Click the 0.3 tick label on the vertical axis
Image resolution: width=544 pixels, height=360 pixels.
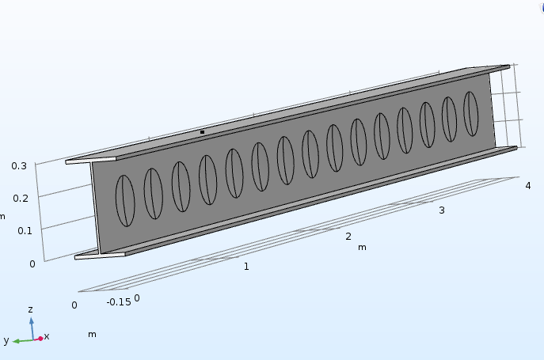[x=19, y=166]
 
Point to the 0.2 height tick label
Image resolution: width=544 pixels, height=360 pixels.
[x=21, y=199]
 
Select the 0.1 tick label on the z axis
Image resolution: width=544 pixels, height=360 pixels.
[x=25, y=230]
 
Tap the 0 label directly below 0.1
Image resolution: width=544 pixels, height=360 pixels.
[x=32, y=264]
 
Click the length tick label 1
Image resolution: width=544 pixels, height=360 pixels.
[x=246, y=267]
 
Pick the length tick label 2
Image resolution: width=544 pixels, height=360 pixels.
[x=348, y=237]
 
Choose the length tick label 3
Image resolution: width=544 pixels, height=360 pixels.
[x=442, y=210]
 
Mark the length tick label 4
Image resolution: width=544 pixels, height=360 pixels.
[x=528, y=186]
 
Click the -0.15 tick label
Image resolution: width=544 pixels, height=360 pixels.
[x=119, y=302]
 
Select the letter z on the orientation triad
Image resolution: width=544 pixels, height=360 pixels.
[x=31, y=309]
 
